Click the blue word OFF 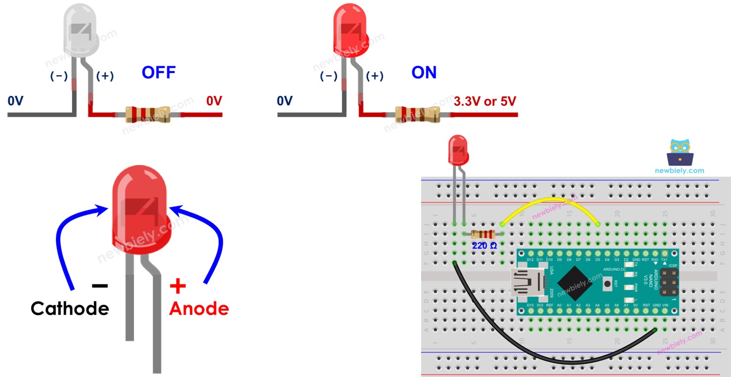pyautogui.click(x=158, y=73)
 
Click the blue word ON pyautogui.click(x=424, y=73)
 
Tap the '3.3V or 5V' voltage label pyautogui.click(x=484, y=101)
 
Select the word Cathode pyautogui.click(x=70, y=308)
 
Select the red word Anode pyautogui.click(x=199, y=308)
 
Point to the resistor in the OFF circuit pyautogui.click(x=147, y=115)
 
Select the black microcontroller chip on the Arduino pyautogui.click(x=576, y=285)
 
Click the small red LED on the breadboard pyautogui.click(x=458, y=151)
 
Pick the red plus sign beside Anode pyautogui.click(x=178, y=286)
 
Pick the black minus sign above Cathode pyautogui.click(x=99, y=286)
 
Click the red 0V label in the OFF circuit pyautogui.click(x=214, y=101)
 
